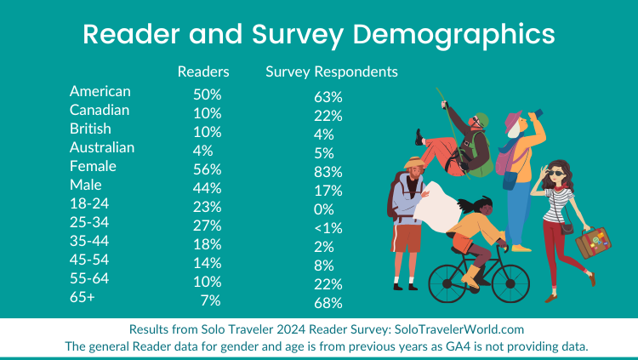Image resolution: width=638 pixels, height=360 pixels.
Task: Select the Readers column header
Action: tap(203, 71)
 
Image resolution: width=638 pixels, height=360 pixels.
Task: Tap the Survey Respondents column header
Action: tap(332, 71)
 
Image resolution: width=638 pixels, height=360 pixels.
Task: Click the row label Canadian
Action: tap(100, 110)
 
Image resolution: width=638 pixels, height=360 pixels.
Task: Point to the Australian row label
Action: tap(102, 147)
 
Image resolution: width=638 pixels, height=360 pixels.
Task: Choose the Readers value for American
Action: tap(208, 92)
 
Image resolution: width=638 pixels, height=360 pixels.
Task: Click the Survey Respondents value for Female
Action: tap(328, 171)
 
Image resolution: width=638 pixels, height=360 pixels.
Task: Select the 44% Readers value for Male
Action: tap(208, 187)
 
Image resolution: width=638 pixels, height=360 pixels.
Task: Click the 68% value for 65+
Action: tap(328, 303)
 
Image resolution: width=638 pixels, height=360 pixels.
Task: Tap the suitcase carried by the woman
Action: tap(593, 242)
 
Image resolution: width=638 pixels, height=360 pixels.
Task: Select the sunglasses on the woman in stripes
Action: tap(555, 173)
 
